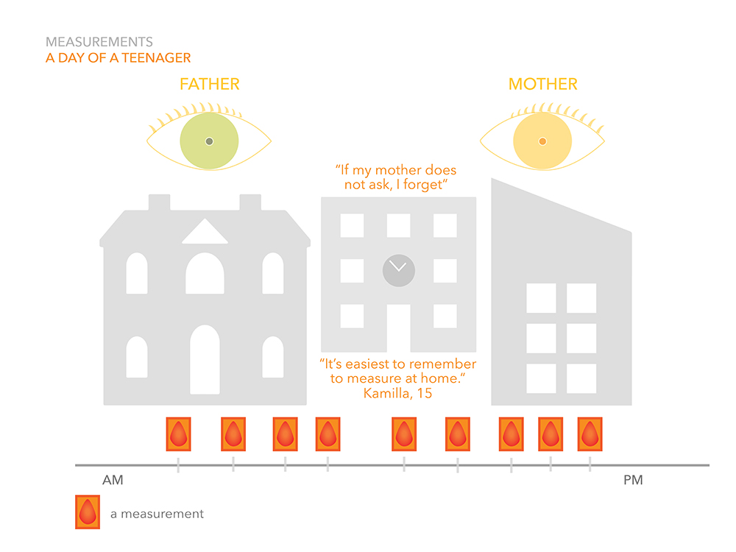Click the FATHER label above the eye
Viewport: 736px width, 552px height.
(x=209, y=84)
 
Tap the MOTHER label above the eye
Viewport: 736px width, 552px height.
(x=542, y=84)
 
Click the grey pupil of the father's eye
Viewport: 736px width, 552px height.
(x=209, y=141)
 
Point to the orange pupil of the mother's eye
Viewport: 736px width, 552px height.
(x=542, y=141)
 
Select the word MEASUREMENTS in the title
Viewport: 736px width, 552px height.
(x=99, y=42)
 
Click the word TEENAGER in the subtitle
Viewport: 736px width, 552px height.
(x=156, y=57)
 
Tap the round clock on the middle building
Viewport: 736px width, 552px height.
(x=398, y=270)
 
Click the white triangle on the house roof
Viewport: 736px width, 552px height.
(x=205, y=231)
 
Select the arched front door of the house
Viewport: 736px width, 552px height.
(x=205, y=360)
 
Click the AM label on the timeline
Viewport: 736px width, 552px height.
(x=113, y=480)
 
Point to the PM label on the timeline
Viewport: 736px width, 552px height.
(x=633, y=480)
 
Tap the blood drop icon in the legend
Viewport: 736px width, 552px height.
(x=88, y=512)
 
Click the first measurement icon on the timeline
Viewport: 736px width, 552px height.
(x=178, y=434)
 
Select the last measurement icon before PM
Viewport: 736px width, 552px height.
(x=590, y=434)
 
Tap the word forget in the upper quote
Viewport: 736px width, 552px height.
(x=423, y=185)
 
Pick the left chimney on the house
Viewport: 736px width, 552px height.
(x=159, y=202)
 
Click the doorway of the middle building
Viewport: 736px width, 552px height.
(x=398, y=328)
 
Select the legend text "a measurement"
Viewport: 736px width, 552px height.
(x=157, y=514)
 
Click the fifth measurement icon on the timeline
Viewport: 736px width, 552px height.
(x=403, y=434)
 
